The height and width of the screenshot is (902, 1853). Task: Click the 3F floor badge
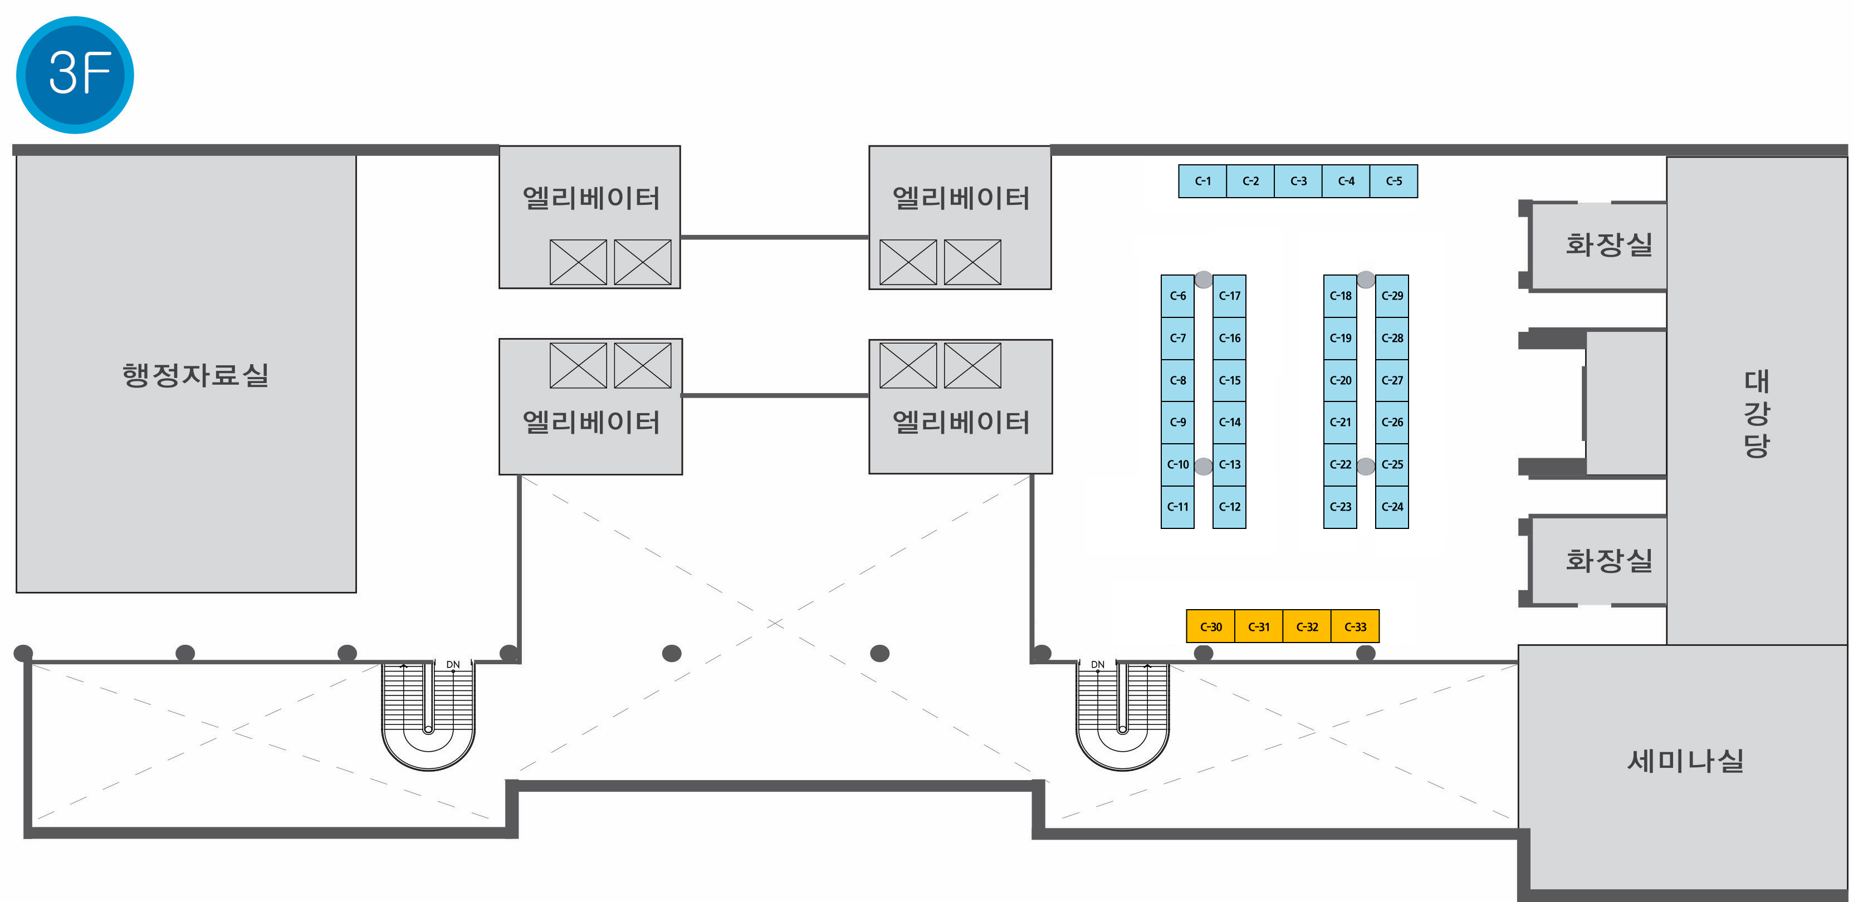click(75, 74)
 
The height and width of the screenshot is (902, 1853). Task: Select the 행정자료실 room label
click(195, 375)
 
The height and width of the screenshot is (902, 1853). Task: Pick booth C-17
click(1229, 296)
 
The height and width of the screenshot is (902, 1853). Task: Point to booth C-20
click(1340, 380)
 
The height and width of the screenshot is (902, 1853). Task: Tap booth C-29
click(1392, 296)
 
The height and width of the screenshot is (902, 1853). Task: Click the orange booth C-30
click(1211, 626)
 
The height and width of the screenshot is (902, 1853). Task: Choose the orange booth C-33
click(1355, 626)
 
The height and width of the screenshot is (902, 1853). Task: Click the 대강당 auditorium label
click(1756, 414)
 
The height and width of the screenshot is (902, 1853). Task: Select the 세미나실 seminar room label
click(1685, 761)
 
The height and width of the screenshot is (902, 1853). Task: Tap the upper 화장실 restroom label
click(1608, 244)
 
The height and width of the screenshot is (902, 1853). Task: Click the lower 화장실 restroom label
click(1608, 560)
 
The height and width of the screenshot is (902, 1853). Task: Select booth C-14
click(1229, 422)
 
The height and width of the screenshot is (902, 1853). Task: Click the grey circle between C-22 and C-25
click(1366, 467)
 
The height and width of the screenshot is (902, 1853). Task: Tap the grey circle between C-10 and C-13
click(1204, 467)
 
